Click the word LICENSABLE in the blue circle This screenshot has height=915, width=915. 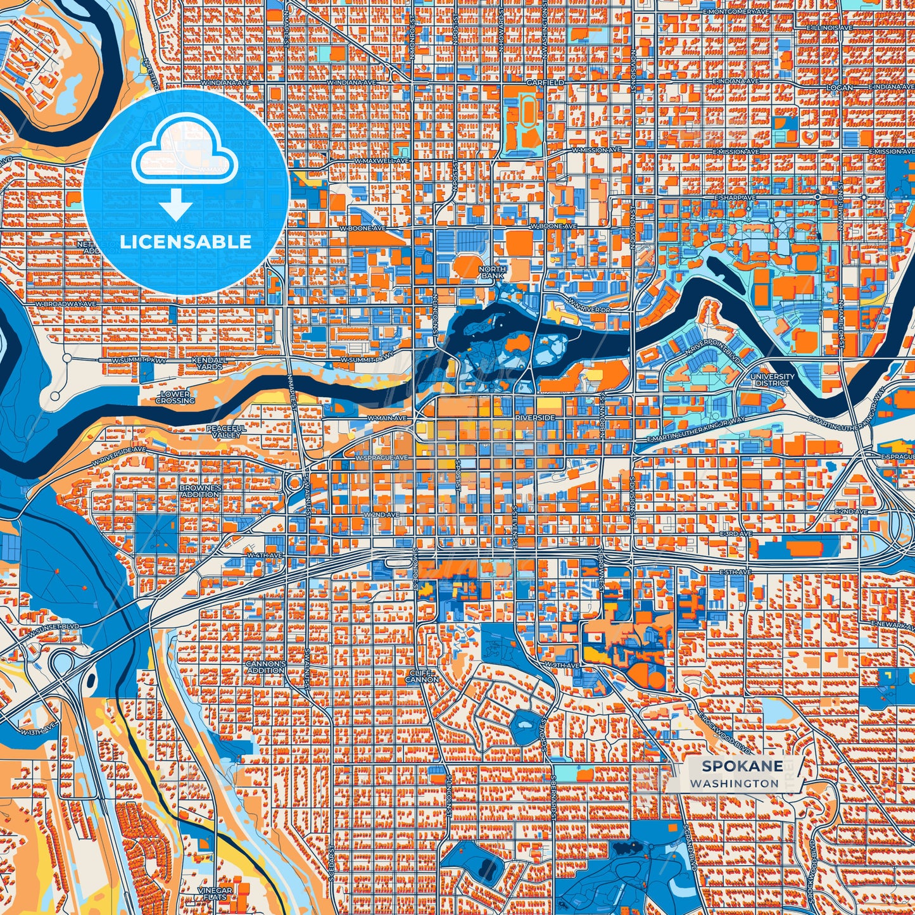[x=186, y=242]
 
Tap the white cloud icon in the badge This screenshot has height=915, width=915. [x=184, y=152]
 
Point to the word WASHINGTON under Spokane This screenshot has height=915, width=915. [x=735, y=783]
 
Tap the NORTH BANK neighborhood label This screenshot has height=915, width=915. [x=492, y=273]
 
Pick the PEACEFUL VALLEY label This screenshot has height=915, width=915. [x=225, y=431]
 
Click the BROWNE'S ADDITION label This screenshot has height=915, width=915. [x=199, y=491]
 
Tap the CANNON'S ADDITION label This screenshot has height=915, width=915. [x=265, y=667]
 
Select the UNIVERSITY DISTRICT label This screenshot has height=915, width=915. [x=772, y=379]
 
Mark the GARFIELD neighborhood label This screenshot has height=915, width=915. [x=545, y=82]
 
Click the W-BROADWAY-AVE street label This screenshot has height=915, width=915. [x=65, y=305]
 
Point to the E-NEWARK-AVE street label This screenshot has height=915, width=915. [x=893, y=624]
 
